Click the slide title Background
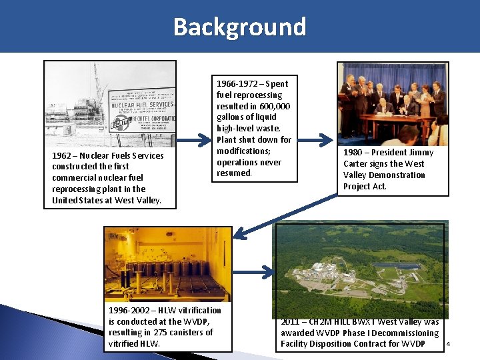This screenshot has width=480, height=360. [x=240, y=27]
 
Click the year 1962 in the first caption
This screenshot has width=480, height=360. [x=62, y=155]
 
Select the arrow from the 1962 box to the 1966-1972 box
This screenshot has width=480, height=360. [x=195, y=141]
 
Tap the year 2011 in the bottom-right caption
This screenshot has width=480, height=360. [x=291, y=322]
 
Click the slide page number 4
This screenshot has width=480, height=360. [x=448, y=344]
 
